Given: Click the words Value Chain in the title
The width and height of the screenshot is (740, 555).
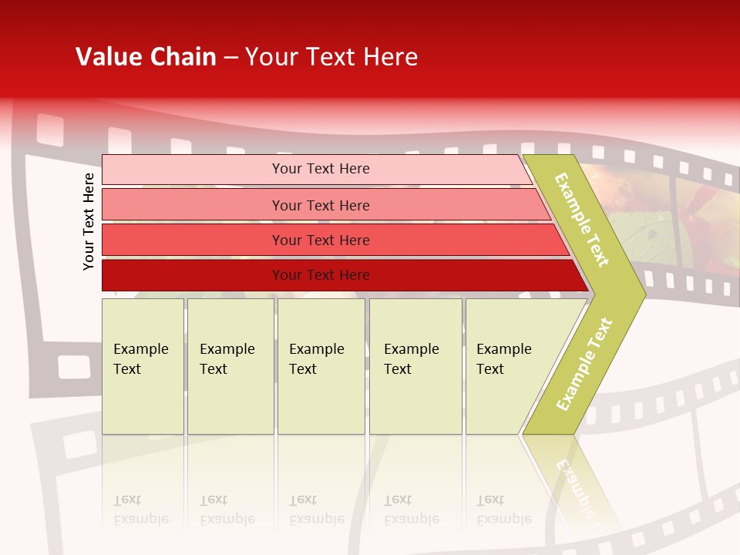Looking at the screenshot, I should pyautogui.click(x=146, y=57).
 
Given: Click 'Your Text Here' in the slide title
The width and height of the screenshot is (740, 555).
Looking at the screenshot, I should pyautogui.click(x=331, y=57).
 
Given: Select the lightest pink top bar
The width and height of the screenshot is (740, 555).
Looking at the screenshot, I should pyautogui.click(x=193, y=169).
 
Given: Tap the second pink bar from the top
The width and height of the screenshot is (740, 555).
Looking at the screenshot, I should pyautogui.click(x=193, y=205).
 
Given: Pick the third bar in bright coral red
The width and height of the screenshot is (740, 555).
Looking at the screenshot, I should pyautogui.click(x=193, y=240).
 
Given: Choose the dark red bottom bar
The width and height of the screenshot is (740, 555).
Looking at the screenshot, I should pyautogui.click(x=193, y=275).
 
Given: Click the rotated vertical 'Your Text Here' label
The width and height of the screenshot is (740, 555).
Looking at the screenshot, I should pyautogui.click(x=89, y=221).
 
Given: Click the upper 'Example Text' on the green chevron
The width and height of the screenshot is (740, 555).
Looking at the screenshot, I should pyautogui.click(x=582, y=220).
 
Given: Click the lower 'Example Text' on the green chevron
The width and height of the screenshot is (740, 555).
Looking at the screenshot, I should pyautogui.click(x=584, y=364).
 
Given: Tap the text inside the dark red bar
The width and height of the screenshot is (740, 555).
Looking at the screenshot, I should pyautogui.click(x=321, y=275).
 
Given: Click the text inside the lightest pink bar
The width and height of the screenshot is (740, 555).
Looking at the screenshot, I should pyautogui.click(x=321, y=169).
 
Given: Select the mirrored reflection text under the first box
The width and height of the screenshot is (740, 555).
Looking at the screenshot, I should pyautogui.click(x=141, y=510).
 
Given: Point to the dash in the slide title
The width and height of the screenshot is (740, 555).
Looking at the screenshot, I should pyautogui.click(x=230, y=58).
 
